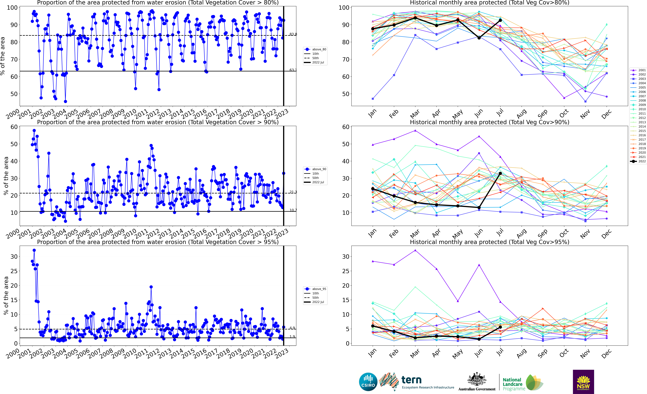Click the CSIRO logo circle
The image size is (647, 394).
click(368, 382)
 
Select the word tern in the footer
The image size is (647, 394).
click(411, 380)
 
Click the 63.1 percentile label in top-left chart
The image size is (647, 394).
click(293, 70)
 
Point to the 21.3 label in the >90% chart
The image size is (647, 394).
click(293, 192)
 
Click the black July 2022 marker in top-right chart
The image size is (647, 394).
click(500, 20)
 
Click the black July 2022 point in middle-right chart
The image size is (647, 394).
click(500, 173)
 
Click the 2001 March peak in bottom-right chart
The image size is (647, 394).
click(415, 250)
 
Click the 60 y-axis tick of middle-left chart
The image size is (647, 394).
click(14, 127)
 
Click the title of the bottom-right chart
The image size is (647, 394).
click(489, 242)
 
